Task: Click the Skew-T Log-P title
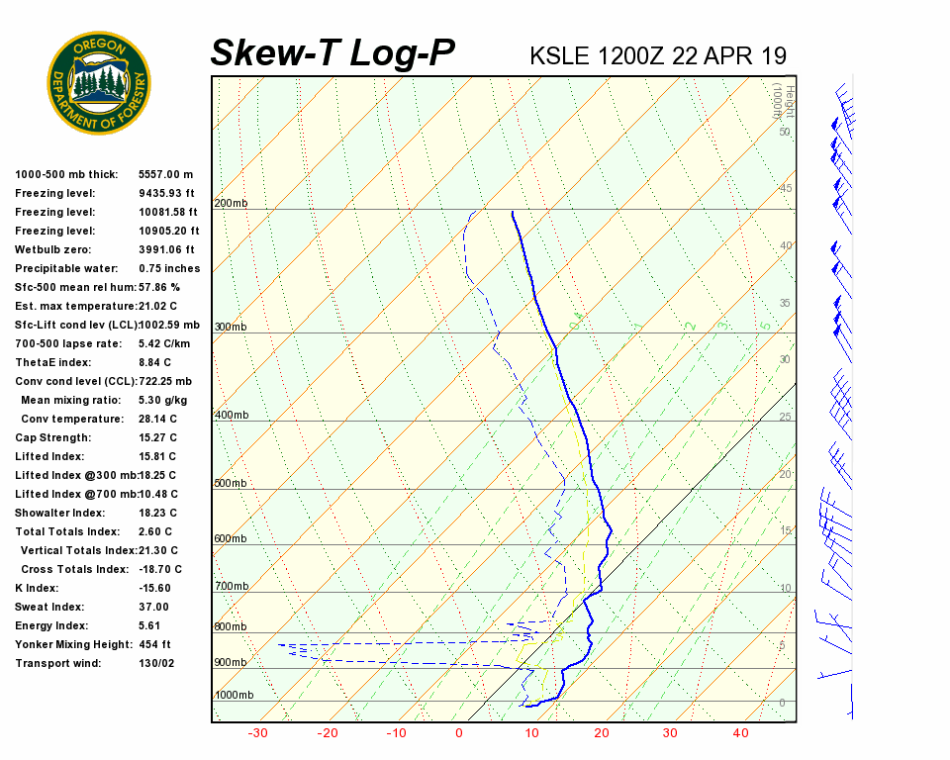[332, 53]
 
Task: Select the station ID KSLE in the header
[560, 55]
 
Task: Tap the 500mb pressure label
[231, 484]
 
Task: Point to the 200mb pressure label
[231, 204]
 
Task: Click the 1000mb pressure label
[234, 695]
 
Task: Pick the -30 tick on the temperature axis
[258, 733]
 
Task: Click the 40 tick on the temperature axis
[740, 733]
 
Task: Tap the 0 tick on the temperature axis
[459, 733]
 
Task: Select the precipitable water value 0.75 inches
[169, 268]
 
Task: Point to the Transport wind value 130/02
[156, 663]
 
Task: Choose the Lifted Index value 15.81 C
[157, 456]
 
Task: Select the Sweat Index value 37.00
[153, 607]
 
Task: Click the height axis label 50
[785, 132]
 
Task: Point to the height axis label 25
[785, 417]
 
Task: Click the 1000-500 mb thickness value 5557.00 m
[165, 174]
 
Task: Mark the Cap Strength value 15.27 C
[157, 437]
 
